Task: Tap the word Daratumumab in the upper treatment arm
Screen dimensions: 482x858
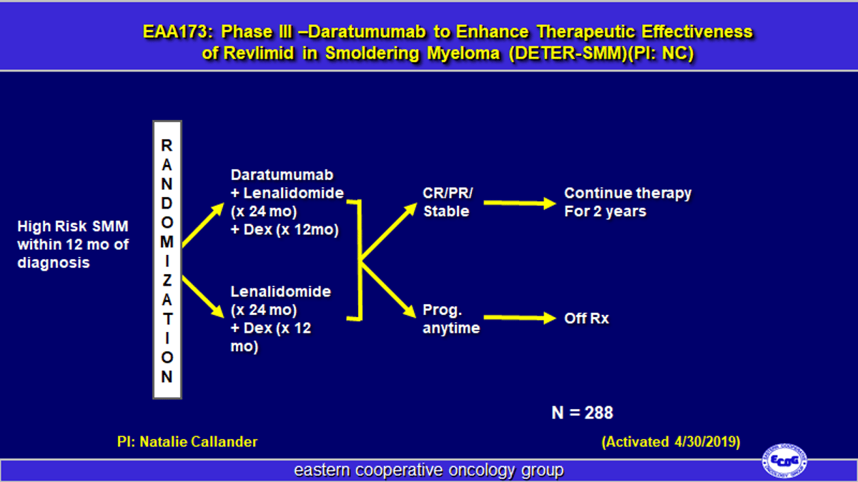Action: coord(282,176)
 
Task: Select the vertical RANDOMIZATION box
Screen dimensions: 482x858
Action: coord(167,259)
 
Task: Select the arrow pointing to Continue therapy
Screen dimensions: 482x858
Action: coord(519,204)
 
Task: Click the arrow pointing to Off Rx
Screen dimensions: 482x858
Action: coord(519,318)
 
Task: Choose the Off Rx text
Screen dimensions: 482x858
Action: coord(586,318)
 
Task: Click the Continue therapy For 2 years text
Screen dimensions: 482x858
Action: coord(627,202)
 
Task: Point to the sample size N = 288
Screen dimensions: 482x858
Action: coord(582,413)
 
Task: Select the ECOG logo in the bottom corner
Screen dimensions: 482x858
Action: coord(784,461)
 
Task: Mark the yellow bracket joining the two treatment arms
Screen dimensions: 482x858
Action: coord(359,260)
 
